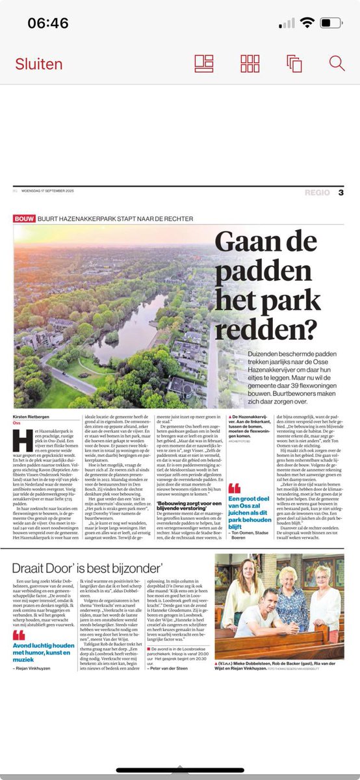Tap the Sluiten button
pos(39,64)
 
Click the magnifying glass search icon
pos(337,63)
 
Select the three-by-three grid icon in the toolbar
pos(250,63)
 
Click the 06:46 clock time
pos(47,23)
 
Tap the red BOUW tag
pos(24,219)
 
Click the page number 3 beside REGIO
pos(341,192)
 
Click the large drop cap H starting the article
pos(19,437)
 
